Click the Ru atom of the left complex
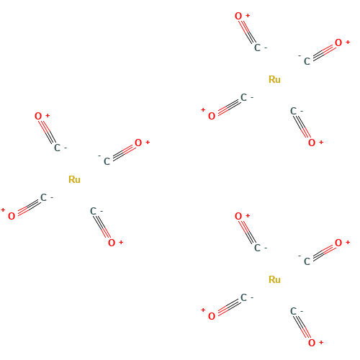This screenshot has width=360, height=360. tap(74, 179)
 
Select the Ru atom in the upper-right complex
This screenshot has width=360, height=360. tap(274, 79)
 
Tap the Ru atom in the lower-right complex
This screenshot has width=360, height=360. tap(274, 279)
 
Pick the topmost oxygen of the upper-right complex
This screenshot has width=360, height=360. tap(238, 16)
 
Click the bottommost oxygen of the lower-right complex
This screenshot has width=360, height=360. tap(312, 343)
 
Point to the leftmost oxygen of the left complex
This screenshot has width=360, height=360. tap(12, 216)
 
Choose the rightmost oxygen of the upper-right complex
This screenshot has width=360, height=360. tap(338, 42)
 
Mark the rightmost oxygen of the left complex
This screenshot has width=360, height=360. tap(138, 143)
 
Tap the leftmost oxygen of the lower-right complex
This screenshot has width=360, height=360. tap(212, 316)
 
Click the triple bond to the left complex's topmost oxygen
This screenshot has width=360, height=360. tap(47, 132)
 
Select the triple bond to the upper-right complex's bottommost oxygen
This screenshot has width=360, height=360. tap(302, 127)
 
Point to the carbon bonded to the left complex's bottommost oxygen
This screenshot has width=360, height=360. tap(93, 211)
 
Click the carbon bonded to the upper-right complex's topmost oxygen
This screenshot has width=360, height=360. tap(257, 48)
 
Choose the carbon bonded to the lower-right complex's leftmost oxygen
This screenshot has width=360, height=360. tap(243, 297)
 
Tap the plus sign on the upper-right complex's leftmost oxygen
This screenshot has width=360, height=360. tap(203, 110)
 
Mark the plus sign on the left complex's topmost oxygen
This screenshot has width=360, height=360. tap(48, 115)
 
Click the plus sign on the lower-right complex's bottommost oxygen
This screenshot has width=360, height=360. tap(321, 343)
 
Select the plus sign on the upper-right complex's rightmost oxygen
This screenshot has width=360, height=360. tap(348, 42)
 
